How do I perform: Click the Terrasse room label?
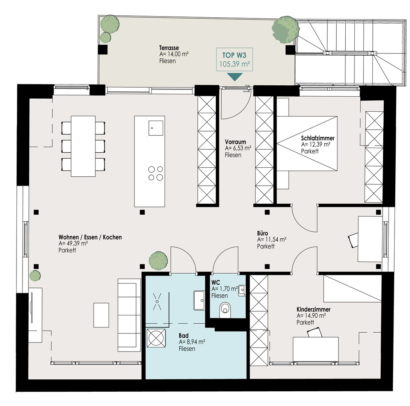tap(169, 48)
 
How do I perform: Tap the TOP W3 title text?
tap(234, 55)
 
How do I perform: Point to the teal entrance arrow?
tap(235, 77)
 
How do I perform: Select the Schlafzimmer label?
tap(318, 138)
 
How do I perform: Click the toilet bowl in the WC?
tap(225, 309)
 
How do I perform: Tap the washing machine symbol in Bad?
tap(156, 338)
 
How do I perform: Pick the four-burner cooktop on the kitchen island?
tap(156, 173)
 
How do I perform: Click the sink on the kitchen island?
tap(156, 128)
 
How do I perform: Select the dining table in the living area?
tap(83, 146)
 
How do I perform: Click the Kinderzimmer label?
tap(313, 309)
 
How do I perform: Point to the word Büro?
tap(263, 233)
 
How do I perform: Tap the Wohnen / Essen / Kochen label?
tap(90, 237)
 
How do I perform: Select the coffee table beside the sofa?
tap(101, 315)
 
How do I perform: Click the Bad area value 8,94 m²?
tap(192, 342)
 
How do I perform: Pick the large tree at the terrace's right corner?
tap(285, 29)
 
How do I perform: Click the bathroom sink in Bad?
tap(199, 300)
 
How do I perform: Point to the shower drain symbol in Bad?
tap(157, 301)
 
